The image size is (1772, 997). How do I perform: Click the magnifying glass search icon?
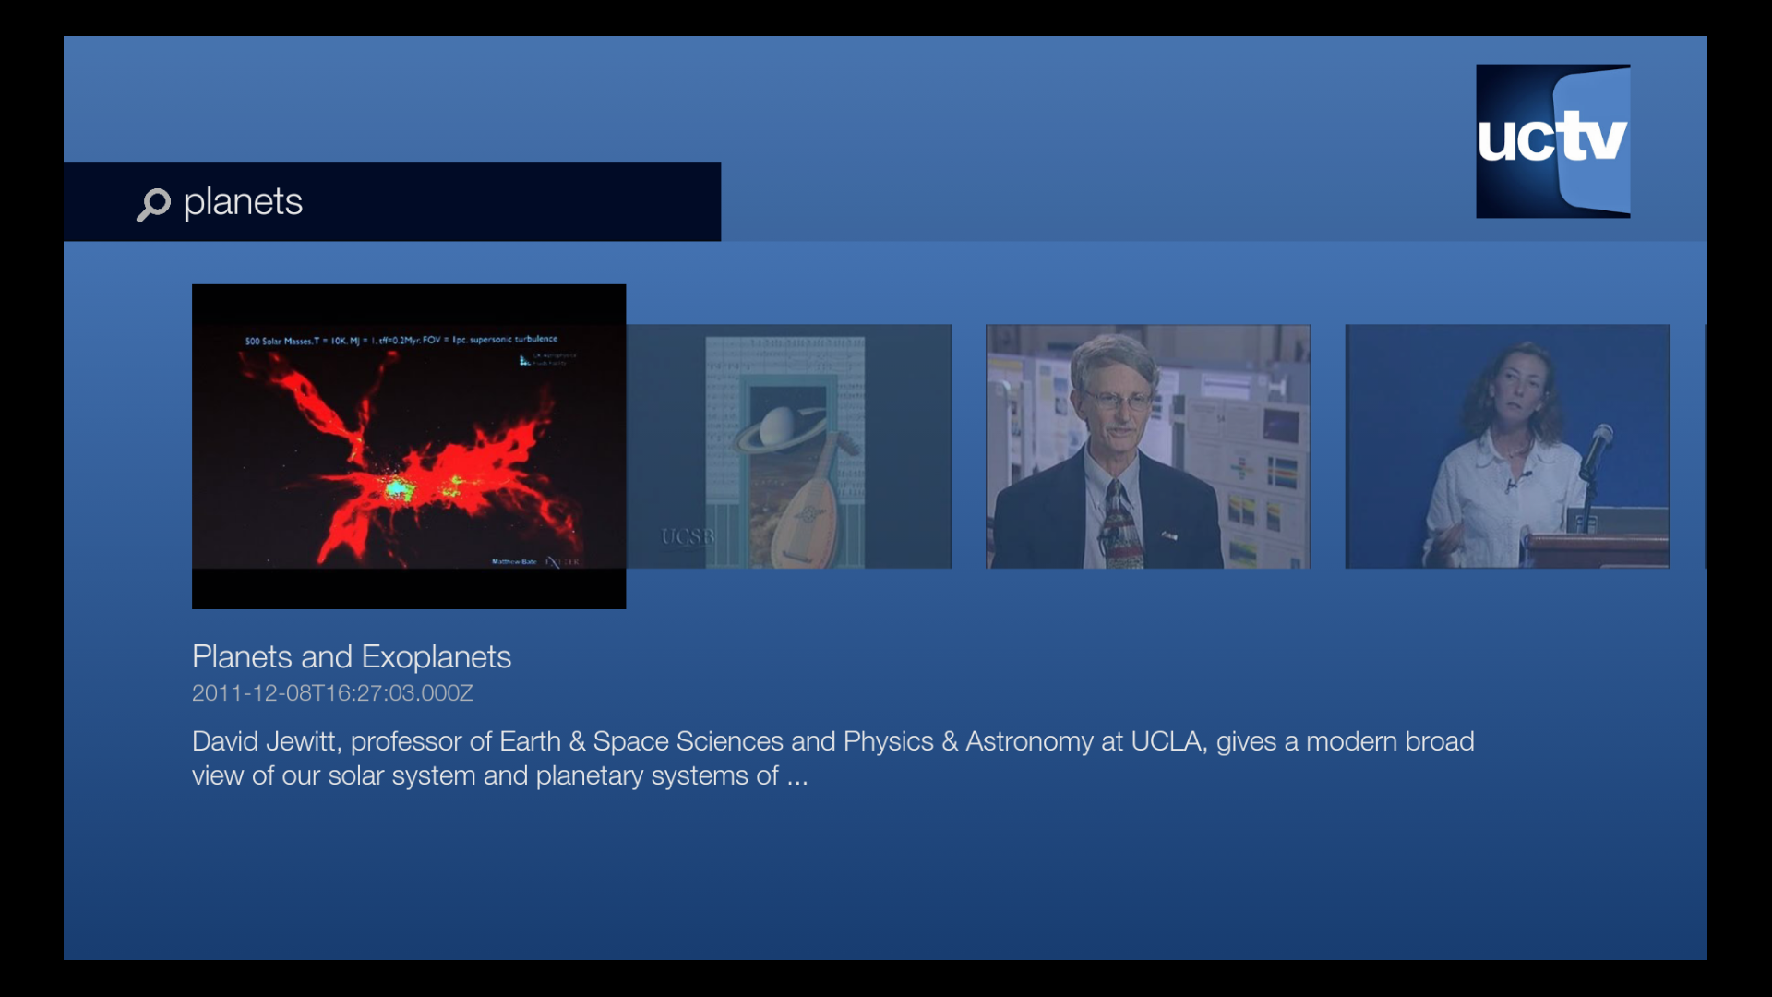pyautogui.click(x=153, y=204)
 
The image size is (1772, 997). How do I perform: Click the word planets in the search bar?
pyautogui.click(x=243, y=202)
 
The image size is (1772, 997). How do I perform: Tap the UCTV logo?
pyautogui.click(x=1552, y=141)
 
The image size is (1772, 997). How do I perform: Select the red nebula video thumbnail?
pyautogui.click(x=408, y=446)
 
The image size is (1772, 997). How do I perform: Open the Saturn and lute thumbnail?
pyautogui.click(x=788, y=446)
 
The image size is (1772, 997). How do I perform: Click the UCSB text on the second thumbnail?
pyautogui.click(x=688, y=536)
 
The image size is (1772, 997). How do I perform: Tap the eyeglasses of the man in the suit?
pyautogui.click(x=1118, y=401)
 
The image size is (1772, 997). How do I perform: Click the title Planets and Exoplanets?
pyautogui.click(x=351, y=657)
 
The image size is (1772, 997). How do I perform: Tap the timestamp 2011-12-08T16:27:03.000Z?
pyautogui.click(x=332, y=693)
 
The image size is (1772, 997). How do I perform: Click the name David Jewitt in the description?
pyautogui.click(x=264, y=741)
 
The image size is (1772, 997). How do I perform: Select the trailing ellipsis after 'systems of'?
pyautogui.click(x=797, y=777)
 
